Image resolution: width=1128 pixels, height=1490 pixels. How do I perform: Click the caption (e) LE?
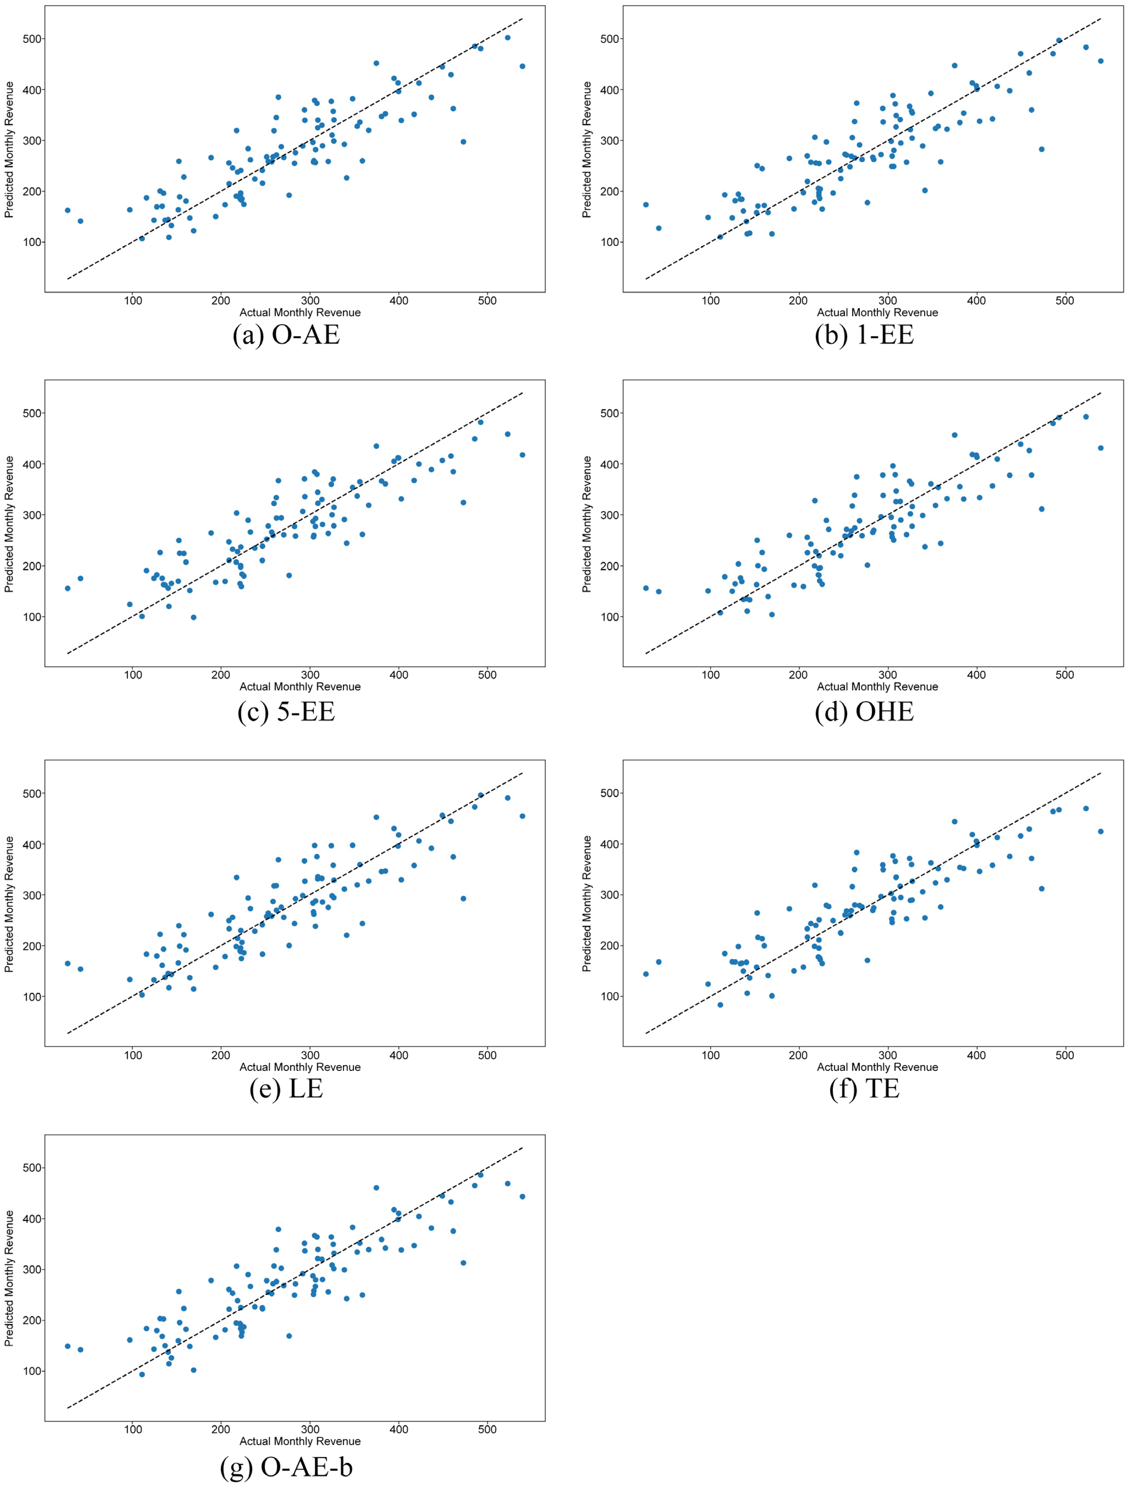pyautogui.click(x=286, y=1089)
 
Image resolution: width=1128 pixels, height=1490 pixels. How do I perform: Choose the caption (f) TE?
pyautogui.click(x=864, y=1089)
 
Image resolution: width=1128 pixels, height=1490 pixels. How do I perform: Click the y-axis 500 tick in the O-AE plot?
pyautogui.click(x=32, y=39)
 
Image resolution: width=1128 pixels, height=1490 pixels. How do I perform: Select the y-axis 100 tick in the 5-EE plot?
pyautogui.click(x=32, y=617)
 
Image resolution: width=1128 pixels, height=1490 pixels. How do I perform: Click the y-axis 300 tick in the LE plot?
pyautogui.click(x=32, y=895)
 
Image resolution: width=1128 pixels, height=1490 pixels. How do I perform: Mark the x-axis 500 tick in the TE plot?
pyautogui.click(x=1065, y=1055)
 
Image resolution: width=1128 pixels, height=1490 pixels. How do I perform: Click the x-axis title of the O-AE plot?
pyautogui.click(x=300, y=313)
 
